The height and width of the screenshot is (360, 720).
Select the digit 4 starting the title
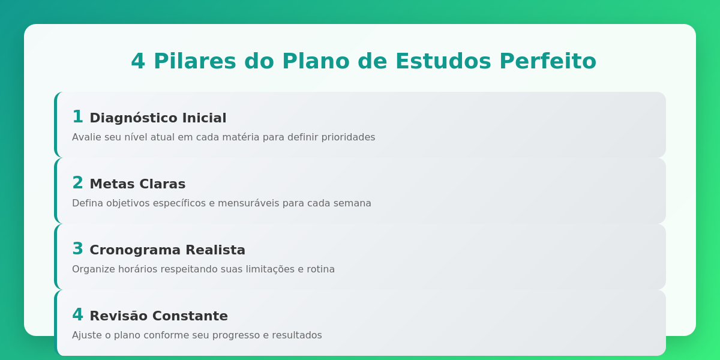138,62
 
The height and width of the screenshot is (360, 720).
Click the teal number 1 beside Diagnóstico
77,117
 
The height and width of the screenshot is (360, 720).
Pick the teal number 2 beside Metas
77,183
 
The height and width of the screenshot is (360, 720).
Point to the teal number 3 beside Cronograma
77,249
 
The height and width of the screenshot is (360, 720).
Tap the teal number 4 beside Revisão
77,315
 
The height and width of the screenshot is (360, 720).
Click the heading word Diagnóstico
134,118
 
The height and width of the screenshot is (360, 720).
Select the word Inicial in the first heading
204,118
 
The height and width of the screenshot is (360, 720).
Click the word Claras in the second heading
163,184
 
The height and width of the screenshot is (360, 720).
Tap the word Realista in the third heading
215,250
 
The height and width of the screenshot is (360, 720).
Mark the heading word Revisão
118,316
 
